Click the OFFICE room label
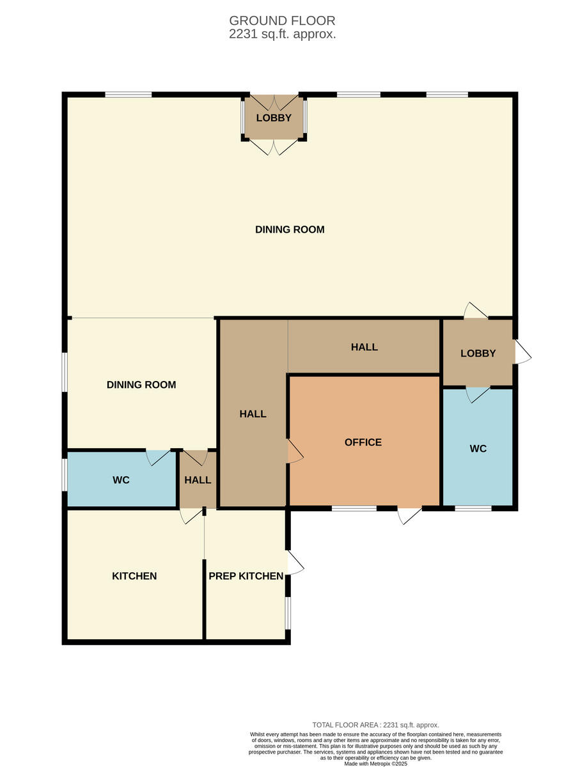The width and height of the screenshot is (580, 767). (363, 442)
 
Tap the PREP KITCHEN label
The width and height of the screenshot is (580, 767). (246, 576)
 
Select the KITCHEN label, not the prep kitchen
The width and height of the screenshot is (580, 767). (134, 576)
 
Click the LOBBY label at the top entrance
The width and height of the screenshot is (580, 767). (274, 118)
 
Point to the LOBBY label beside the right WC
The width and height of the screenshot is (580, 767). (478, 353)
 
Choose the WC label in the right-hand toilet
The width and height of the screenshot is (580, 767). (478, 449)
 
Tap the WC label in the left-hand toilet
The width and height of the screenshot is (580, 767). (121, 479)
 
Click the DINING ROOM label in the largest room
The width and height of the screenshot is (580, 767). (290, 229)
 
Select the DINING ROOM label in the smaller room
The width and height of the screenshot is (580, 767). (141, 385)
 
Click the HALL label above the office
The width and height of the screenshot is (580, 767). (364, 347)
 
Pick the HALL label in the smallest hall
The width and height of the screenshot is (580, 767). (198, 479)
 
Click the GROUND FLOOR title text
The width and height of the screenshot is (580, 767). (282, 21)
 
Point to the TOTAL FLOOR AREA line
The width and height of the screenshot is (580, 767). (375, 725)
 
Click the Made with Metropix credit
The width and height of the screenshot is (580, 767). (375, 763)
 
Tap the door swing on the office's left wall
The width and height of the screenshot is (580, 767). (295, 451)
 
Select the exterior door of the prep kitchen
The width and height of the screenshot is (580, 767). (295, 562)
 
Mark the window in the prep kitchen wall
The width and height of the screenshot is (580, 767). (288, 612)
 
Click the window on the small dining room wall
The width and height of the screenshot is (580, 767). (65, 371)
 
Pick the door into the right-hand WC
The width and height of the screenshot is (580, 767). (478, 394)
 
